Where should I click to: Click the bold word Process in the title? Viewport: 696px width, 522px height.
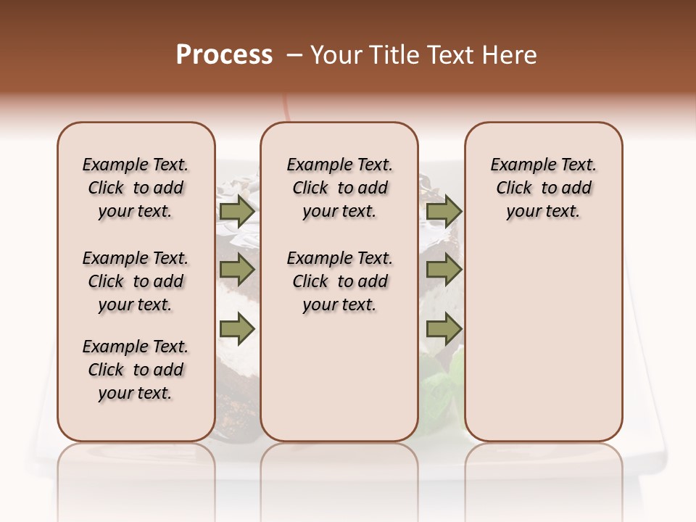point(224,55)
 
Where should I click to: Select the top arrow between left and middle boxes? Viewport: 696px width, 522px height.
point(237,212)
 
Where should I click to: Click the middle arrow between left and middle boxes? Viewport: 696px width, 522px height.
point(237,270)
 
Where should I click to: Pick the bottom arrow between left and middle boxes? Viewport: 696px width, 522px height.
point(237,329)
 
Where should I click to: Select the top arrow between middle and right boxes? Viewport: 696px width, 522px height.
point(444,212)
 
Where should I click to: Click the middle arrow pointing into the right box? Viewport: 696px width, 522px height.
point(444,270)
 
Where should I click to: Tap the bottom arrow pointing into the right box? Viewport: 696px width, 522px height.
point(444,329)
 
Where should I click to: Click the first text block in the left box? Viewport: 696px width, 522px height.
point(136,188)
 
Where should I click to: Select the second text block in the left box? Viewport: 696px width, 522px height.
point(136,281)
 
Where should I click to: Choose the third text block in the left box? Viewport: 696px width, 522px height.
point(136,370)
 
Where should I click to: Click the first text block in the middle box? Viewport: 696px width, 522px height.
point(339,188)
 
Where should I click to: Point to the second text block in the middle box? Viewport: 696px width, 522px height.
point(339,281)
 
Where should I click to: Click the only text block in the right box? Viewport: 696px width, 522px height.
point(544,188)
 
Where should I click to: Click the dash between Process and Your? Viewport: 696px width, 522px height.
point(294,55)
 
